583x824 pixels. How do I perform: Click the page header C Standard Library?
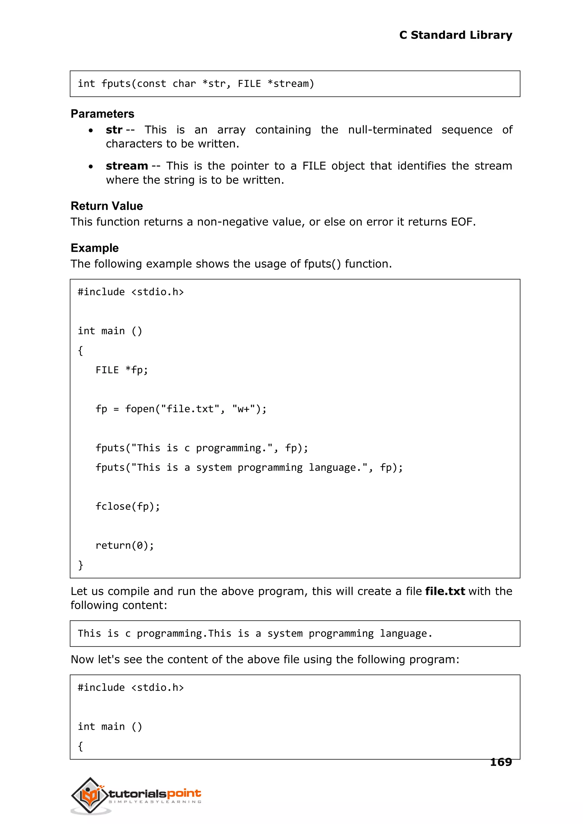tap(455, 35)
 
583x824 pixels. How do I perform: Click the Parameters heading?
tap(102, 114)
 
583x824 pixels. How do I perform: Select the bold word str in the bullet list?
tap(114, 130)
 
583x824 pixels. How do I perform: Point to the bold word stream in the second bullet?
tap(127, 166)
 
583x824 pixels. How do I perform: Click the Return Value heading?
tap(107, 206)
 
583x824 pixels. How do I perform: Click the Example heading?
tap(95, 248)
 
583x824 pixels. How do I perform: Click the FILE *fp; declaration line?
tap(121, 370)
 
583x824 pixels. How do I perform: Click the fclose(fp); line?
tap(128, 506)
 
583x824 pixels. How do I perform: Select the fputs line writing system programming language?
tap(249, 468)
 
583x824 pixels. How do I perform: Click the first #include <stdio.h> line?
tap(131, 292)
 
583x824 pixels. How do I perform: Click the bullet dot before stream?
tap(91, 167)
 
